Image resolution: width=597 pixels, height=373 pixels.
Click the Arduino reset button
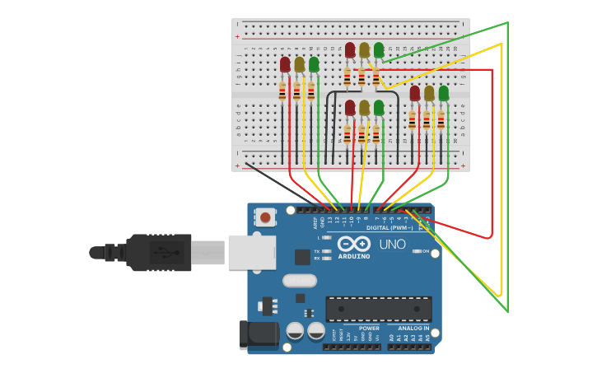tap(265, 217)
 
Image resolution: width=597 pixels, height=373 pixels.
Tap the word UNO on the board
tap(392, 245)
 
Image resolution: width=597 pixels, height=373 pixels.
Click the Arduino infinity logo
tap(353, 245)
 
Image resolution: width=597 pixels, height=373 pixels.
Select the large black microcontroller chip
tap(378, 309)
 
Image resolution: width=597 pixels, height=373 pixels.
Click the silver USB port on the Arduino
tap(251, 253)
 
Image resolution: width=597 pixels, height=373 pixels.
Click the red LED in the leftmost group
tap(285, 64)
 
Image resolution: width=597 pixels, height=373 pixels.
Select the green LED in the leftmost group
tap(314, 64)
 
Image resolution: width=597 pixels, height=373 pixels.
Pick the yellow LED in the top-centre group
tap(364, 50)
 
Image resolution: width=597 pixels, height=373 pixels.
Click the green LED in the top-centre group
tap(379, 50)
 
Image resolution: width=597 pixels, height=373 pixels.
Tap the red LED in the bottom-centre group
tap(350, 108)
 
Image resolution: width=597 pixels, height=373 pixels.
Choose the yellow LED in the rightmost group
tap(429, 93)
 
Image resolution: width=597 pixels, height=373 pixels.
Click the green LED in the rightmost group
tap(444, 93)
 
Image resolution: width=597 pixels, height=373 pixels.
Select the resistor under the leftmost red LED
tap(282, 91)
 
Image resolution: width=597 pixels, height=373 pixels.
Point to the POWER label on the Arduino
tap(369, 328)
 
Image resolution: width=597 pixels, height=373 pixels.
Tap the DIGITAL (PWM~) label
tap(389, 227)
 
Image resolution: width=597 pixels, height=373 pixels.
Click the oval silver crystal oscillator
tap(300, 280)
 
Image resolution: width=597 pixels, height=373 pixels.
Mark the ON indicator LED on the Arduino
tap(417, 251)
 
